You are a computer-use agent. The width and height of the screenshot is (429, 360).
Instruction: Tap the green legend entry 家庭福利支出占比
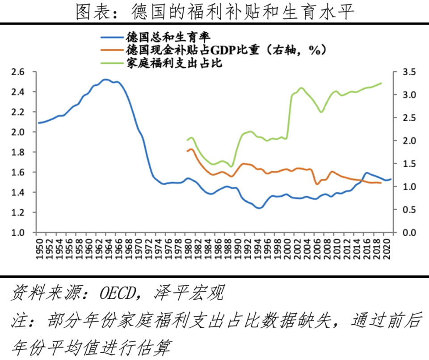(175, 63)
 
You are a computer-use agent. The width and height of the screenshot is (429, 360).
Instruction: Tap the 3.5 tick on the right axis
(409, 72)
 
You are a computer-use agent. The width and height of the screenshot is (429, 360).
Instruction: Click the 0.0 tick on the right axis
(409, 233)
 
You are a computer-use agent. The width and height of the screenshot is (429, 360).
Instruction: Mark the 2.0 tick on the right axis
(409, 141)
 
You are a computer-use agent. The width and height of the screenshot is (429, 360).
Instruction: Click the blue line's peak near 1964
(105, 80)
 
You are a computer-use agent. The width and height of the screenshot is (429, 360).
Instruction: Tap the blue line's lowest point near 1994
(259, 208)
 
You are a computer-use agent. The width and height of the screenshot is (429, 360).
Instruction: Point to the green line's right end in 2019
(381, 83)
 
